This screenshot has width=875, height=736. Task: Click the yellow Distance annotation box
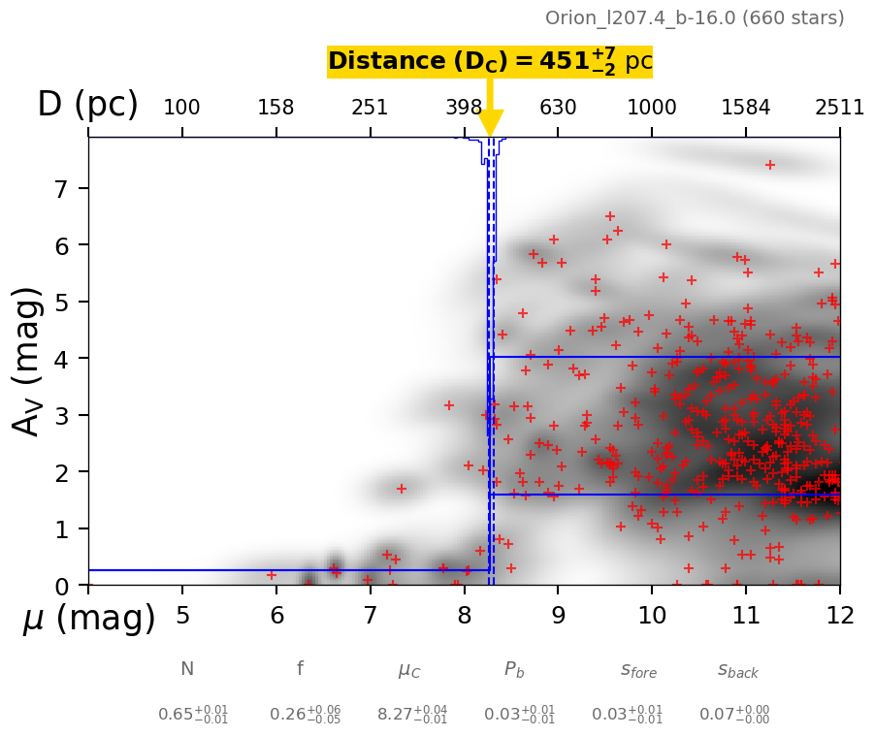click(x=490, y=61)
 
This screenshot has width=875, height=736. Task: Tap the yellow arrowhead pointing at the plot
click(x=491, y=124)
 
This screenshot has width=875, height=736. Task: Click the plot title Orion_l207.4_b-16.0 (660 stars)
click(x=695, y=18)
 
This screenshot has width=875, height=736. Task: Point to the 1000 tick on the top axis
click(x=652, y=108)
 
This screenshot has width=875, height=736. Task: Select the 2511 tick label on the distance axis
click(x=839, y=108)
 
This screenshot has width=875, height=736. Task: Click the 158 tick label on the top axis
click(x=275, y=108)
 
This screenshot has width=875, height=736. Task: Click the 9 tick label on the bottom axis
click(x=558, y=615)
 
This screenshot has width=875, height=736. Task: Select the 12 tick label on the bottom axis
click(x=839, y=615)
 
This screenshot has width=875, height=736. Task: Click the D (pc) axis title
click(x=87, y=105)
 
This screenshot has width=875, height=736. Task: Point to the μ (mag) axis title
click(x=88, y=618)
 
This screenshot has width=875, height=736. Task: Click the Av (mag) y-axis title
click(x=28, y=361)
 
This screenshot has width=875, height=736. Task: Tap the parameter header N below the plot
click(x=187, y=669)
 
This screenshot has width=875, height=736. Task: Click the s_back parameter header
click(x=738, y=670)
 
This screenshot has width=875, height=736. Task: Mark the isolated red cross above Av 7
click(x=769, y=165)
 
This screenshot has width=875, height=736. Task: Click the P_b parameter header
click(x=515, y=669)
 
